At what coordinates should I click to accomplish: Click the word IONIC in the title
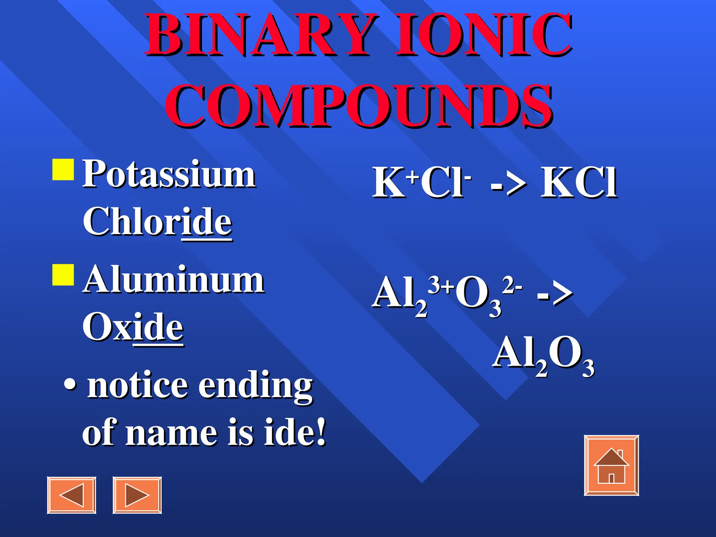(484, 35)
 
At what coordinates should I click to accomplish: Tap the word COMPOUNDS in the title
(359, 107)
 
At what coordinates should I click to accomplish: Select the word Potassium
(169, 174)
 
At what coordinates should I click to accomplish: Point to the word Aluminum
(173, 280)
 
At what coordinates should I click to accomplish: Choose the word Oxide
(133, 327)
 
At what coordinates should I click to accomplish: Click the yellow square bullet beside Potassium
(63, 170)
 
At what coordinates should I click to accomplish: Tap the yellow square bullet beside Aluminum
(63, 275)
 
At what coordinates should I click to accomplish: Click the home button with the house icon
(611, 465)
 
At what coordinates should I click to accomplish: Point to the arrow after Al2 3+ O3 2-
(554, 294)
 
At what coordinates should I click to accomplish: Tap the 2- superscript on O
(512, 285)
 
